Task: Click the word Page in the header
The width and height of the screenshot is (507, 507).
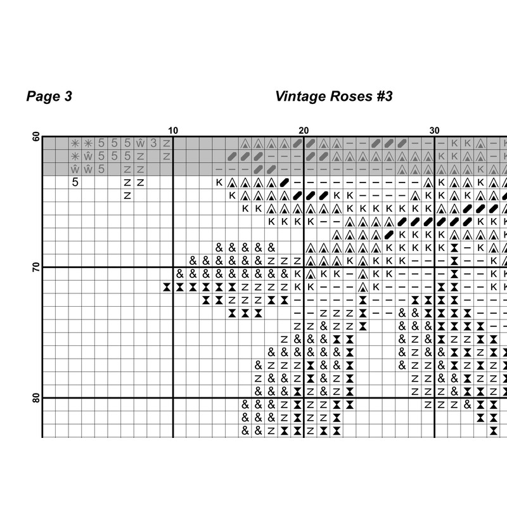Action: [43, 96]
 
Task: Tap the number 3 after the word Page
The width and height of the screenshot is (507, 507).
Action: [68, 96]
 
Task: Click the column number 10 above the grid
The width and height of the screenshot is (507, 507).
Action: [173, 131]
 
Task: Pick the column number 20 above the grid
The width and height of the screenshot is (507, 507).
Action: [304, 131]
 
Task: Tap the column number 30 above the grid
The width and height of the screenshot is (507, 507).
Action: [434, 131]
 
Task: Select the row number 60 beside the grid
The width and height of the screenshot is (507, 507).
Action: [36, 137]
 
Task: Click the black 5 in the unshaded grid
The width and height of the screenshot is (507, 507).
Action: [75, 183]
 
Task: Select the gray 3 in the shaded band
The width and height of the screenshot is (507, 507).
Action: [153, 143]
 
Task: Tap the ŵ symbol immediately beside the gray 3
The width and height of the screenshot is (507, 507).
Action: [141, 143]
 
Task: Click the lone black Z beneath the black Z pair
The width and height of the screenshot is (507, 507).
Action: [127, 196]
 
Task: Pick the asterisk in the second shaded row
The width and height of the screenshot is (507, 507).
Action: [75, 157]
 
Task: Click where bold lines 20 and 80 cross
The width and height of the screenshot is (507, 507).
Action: [304, 398]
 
